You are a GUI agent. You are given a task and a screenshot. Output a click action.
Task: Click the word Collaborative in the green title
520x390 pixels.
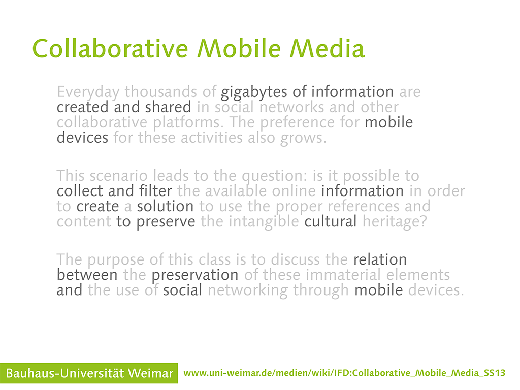110,49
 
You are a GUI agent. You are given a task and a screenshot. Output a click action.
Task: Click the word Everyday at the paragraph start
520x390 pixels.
88,92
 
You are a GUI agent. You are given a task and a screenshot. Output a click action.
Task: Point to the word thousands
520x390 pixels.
161,92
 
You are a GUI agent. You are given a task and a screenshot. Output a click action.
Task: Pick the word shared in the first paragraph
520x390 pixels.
168,107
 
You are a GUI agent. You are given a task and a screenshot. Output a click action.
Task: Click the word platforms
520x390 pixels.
188,123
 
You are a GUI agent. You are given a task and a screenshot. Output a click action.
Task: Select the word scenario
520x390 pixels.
118,176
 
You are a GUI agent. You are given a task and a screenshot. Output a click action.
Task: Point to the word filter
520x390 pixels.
155,191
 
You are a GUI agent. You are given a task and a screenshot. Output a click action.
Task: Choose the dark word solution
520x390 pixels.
166,206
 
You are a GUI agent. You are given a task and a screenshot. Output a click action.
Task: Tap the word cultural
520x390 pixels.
331,221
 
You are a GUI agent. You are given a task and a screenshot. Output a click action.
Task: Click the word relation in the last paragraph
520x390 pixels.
380,259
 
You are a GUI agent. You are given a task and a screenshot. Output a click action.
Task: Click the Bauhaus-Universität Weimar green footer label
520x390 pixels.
89,373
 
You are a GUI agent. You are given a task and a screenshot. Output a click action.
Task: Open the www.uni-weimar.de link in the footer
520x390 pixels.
344,373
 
